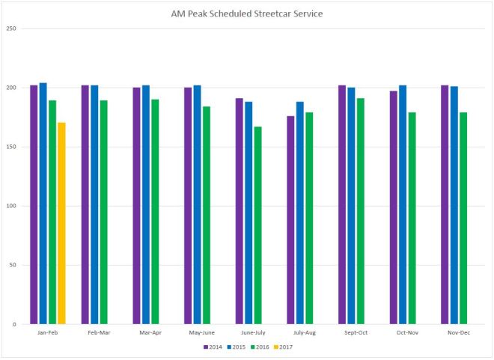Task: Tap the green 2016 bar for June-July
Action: pyautogui.click(x=257, y=225)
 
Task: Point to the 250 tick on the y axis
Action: pyautogui.click(x=11, y=28)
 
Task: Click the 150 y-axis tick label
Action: pyautogui.click(x=11, y=147)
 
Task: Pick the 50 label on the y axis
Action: pyautogui.click(x=13, y=265)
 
